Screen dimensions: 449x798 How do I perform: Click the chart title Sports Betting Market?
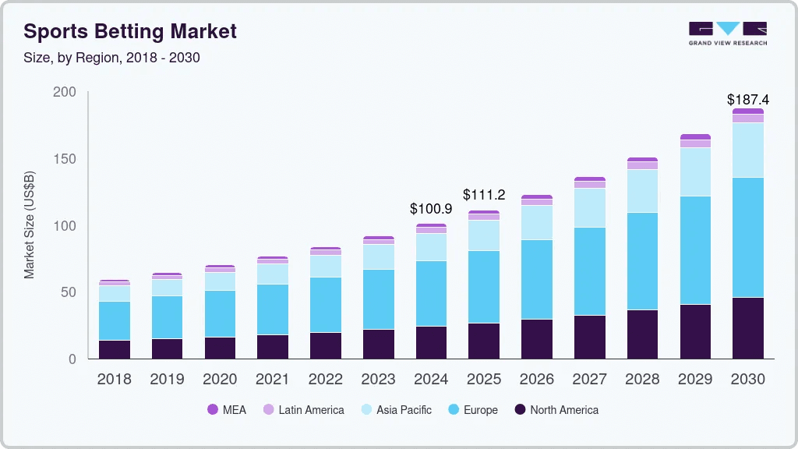130,32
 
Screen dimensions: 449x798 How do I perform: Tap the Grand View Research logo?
727,33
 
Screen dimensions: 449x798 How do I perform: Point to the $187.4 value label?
747,100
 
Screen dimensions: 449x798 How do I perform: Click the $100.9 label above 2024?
431,209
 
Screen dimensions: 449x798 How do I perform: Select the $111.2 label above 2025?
484,194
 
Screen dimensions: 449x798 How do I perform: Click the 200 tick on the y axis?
65,92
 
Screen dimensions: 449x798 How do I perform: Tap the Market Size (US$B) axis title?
30,224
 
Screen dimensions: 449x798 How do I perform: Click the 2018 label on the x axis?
115,380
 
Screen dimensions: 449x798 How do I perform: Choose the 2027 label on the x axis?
589,380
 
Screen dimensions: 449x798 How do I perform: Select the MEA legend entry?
227,410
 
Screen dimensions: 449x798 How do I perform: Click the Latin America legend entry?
303,410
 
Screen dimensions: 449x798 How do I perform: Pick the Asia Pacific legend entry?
395,410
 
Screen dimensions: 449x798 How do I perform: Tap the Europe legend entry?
472,410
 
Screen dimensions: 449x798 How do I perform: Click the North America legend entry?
556,410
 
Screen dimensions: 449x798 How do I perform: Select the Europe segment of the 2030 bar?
747,237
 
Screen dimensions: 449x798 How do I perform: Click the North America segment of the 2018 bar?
115,349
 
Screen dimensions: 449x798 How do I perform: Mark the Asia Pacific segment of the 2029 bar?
695,171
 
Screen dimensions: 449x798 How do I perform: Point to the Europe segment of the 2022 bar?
325,305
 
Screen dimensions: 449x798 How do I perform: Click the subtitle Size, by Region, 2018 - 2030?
111,58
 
